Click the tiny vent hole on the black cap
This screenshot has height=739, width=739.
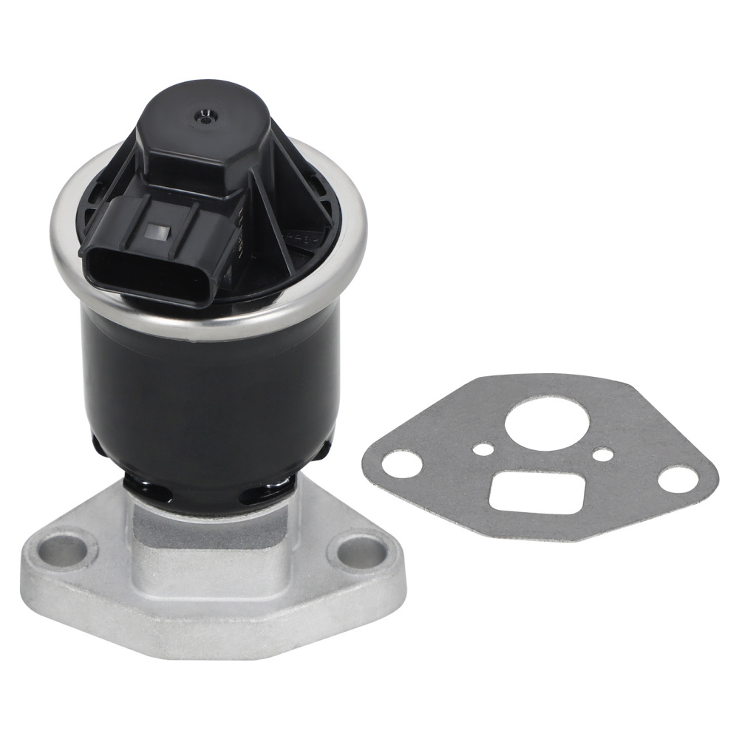(x=202, y=115)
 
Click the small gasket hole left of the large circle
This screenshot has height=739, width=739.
(x=483, y=449)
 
